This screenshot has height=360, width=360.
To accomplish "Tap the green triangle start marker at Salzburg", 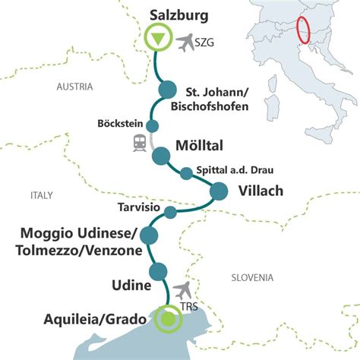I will tap(158, 38).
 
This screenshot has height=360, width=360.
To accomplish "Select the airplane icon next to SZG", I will tap(185, 43).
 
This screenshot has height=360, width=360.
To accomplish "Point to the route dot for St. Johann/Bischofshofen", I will tap(166, 91).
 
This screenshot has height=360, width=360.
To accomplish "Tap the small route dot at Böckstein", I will tap(152, 126).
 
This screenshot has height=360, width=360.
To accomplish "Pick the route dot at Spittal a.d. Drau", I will tap(186, 174).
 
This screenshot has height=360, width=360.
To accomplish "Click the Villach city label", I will tap(257, 191).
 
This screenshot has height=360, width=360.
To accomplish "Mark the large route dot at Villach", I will tap(218, 191).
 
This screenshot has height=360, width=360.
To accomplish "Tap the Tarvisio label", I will tap(138, 207).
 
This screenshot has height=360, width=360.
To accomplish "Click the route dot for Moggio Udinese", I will tap(149, 235).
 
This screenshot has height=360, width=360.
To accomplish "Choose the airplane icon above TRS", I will tap(182, 289).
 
